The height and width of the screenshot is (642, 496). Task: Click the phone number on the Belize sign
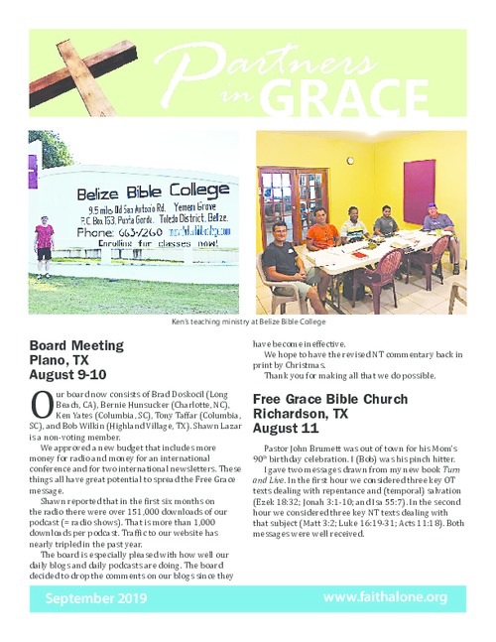click(108, 233)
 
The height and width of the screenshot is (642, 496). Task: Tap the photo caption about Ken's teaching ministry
click(248, 321)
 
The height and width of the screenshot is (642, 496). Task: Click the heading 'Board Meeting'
click(77, 345)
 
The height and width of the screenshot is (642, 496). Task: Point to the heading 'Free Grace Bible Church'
click(329, 399)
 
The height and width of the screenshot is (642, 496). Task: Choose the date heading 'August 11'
click(287, 429)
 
